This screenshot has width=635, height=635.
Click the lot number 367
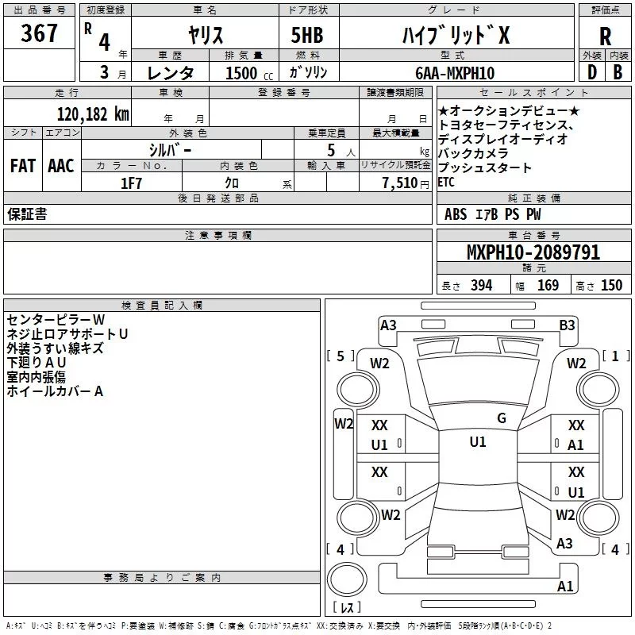40,33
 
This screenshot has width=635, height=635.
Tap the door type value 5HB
307,35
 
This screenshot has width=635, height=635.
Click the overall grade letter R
605,36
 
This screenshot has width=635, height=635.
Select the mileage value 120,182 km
93,114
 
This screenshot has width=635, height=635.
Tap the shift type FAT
23,166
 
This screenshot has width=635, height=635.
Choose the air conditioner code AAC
61,166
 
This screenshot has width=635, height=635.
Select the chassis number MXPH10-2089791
533,252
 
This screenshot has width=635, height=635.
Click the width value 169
548,286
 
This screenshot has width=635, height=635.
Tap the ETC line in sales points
446,183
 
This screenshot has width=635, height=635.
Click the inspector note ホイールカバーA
55,391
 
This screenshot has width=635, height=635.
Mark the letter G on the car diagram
502,418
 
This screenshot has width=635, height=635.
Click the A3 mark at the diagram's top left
388,325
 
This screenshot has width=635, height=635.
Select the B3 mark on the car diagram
567,325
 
